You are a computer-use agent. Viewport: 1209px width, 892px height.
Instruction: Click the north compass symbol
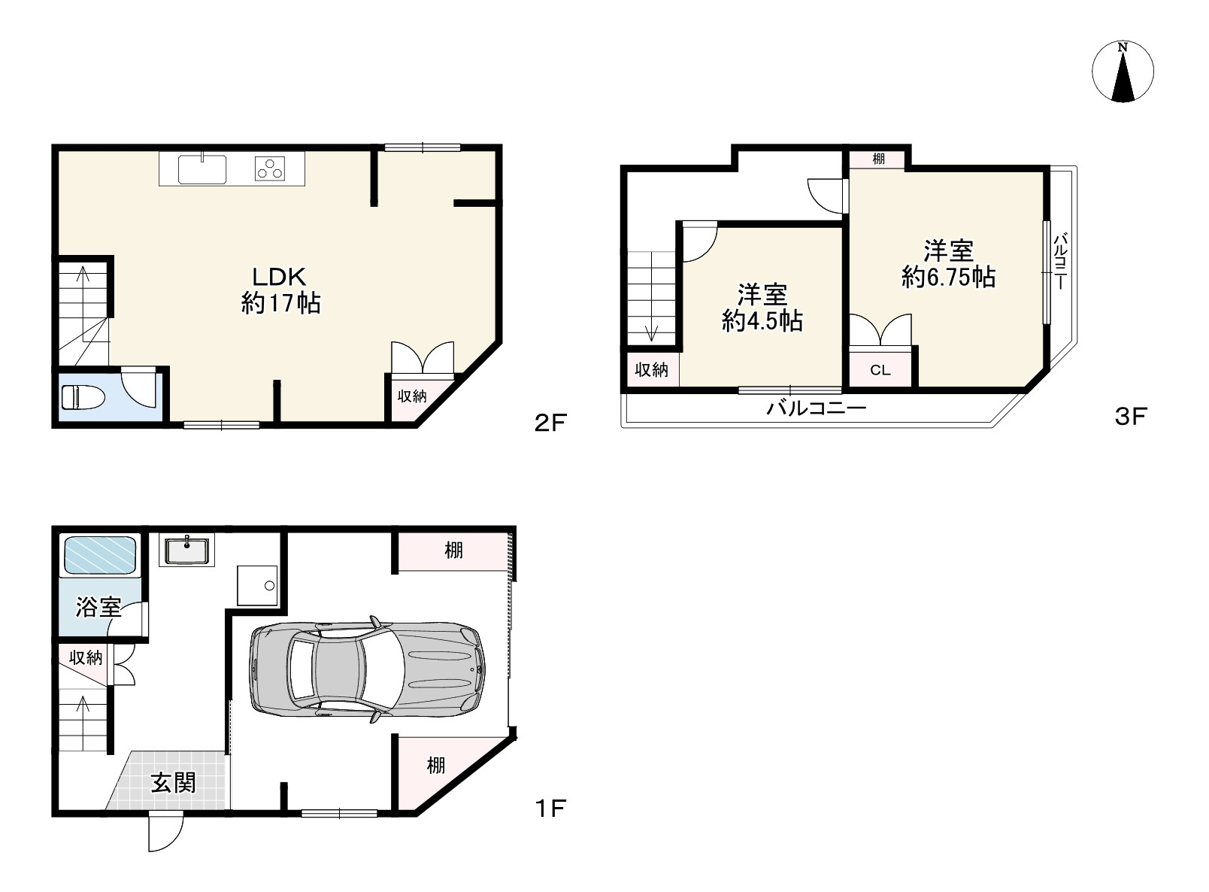coord(1123,71)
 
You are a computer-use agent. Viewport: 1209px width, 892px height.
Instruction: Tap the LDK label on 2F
coord(280,277)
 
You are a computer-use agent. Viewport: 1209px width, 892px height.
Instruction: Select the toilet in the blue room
coord(83,397)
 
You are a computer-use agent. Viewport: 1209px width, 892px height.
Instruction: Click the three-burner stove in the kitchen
coord(270,168)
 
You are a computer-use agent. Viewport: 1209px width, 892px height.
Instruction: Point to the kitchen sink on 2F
coord(201,169)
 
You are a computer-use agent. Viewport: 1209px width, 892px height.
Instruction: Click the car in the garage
coord(367,669)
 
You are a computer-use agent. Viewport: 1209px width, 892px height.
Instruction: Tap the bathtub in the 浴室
coord(99,554)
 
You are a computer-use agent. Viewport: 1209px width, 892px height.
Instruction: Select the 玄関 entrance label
coord(173,782)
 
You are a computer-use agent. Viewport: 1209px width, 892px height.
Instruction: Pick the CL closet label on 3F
coord(880,370)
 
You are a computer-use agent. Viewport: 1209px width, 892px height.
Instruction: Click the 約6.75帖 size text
coord(948,277)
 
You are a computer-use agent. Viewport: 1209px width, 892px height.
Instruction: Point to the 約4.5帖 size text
coord(762,321)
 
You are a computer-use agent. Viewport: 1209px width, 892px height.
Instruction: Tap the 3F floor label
coord(1131,417)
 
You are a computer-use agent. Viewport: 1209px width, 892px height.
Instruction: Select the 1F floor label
coord(550,808)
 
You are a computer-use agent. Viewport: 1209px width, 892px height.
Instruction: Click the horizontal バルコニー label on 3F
coord(817,408)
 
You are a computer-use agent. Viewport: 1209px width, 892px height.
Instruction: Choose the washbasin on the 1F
coord(186,551)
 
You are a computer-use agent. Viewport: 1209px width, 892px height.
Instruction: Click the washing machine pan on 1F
coord(257,585)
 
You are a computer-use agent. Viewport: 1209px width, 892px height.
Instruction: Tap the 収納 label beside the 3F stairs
coord(651,370)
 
